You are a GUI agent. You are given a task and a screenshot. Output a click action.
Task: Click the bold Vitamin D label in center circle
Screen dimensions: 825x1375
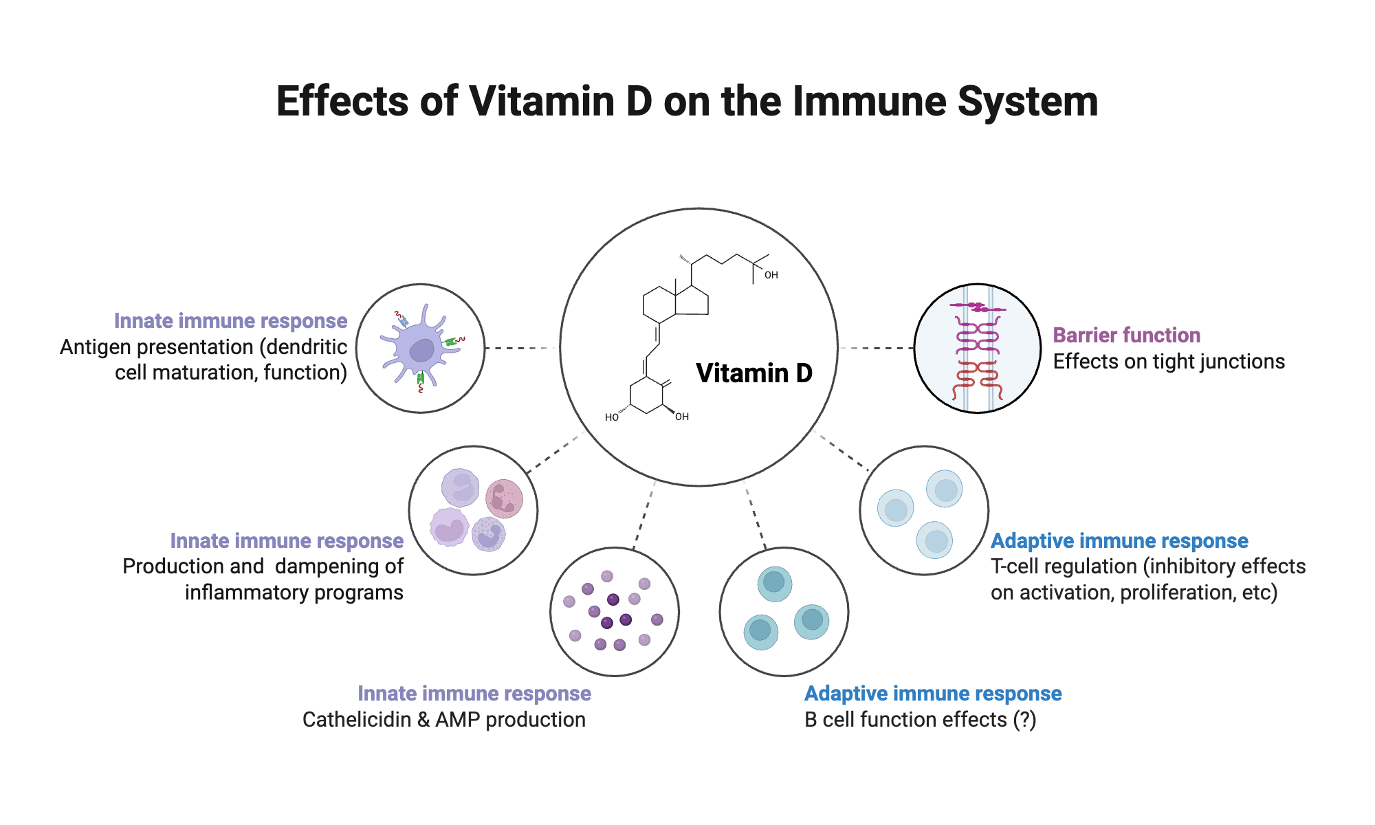[x=754, y=373]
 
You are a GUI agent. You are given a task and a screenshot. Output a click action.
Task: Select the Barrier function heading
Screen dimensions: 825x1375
[x=1126, y=335]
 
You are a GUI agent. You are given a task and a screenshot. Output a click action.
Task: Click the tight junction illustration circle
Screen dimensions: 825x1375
[x=977, y=349]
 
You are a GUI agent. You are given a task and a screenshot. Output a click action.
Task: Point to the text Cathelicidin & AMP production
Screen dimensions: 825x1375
[x=443, y=720]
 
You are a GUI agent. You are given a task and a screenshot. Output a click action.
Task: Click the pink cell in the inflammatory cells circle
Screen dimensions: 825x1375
[x=504, y=498]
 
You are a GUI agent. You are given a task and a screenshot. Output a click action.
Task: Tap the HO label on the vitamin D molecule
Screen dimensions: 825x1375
[x=611, y=417]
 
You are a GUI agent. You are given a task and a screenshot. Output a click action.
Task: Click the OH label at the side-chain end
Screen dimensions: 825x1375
[x=771, y=275]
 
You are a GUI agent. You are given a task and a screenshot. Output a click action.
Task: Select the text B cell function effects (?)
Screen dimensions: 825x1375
[x=920, y=720]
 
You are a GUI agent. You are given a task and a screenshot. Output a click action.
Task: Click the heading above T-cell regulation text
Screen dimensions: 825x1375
[x=1119, y=541]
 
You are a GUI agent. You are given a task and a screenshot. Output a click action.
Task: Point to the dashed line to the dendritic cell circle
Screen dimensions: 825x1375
[x=521, y=349]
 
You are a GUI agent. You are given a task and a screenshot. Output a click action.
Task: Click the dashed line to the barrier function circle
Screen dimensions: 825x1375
[x=876, y=349]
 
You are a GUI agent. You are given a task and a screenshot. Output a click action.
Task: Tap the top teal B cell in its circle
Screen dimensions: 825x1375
[x=775, y=584]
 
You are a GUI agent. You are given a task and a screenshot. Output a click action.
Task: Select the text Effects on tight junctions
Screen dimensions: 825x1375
[x=1168, y=362]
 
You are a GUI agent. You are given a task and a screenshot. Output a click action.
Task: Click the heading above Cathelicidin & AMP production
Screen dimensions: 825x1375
[x=474, y=694]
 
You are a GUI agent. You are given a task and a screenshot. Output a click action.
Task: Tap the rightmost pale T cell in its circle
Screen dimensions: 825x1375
[x=944, y=489]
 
